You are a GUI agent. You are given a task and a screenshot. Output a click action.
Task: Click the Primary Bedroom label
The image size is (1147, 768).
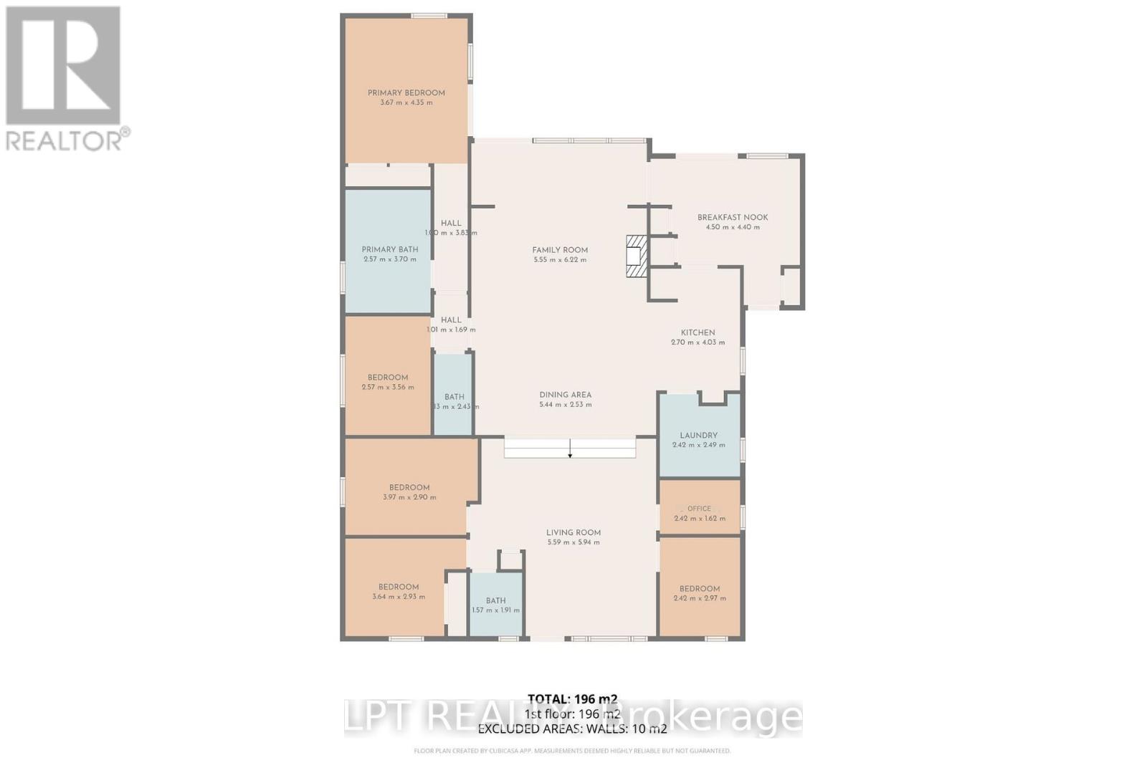(x=406, y=93)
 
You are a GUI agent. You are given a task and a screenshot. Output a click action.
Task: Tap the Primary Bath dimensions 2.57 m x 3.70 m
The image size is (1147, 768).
(x=390, y=259)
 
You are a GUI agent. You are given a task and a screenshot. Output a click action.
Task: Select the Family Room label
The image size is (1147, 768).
(x=560, y=250)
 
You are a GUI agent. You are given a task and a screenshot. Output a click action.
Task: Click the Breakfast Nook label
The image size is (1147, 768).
(x=733, y=217)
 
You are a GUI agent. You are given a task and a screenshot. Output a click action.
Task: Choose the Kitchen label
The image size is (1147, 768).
(x=698, y=332)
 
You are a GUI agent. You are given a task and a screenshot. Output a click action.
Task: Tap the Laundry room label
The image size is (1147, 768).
(x=698, y=436)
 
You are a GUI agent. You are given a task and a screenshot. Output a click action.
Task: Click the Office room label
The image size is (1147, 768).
(x=699, y=509)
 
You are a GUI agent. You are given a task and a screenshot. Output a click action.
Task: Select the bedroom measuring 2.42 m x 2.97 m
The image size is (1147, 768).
(x=700, y=593)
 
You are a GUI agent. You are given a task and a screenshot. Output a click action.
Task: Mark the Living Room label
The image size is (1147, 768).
(x=573, y=532)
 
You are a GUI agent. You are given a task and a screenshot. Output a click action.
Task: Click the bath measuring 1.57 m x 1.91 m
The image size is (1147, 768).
(x=495, y=605)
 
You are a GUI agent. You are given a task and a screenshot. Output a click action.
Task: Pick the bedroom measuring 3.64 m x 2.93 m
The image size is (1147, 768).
(x=399, y=591)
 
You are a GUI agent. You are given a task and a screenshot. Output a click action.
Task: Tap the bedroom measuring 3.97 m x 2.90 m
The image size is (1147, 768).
(x=409, y=491)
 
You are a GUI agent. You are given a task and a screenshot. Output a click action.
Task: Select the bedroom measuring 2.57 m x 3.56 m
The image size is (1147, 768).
(x=388, y=382)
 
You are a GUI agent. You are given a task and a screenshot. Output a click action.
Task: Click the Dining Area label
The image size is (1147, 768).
(x=565, y=395)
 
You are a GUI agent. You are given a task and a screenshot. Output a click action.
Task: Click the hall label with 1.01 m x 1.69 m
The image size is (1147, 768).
(x=451, y=320)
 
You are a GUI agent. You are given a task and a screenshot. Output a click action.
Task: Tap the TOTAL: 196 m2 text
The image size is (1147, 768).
(x=572, y=699)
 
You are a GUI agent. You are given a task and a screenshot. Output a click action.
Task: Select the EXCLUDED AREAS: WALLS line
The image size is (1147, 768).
(x=572, y=729)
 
